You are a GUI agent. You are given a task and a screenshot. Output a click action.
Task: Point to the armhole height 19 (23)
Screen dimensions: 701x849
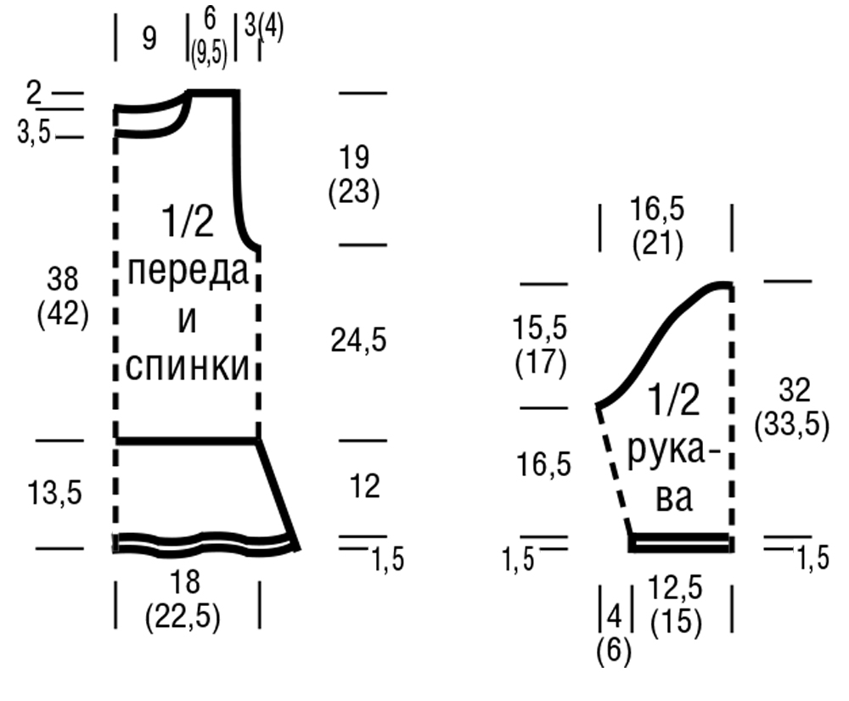click(x=353, y=175)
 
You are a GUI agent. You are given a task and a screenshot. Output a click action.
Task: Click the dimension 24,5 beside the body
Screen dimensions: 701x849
click(x=357, y=340)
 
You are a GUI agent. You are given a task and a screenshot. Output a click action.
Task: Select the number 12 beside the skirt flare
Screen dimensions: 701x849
click(x=364, y=487)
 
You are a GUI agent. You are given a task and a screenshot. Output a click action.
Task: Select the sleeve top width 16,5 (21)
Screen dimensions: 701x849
click(x=658, y=227)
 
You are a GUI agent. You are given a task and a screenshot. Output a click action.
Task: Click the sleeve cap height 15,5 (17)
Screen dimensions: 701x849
click(x=540, y=345)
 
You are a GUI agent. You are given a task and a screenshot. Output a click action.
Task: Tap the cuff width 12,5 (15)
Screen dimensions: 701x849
click(x=676, y=605)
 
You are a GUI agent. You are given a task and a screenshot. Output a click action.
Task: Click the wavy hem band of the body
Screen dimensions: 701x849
click(x=204, y=543)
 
